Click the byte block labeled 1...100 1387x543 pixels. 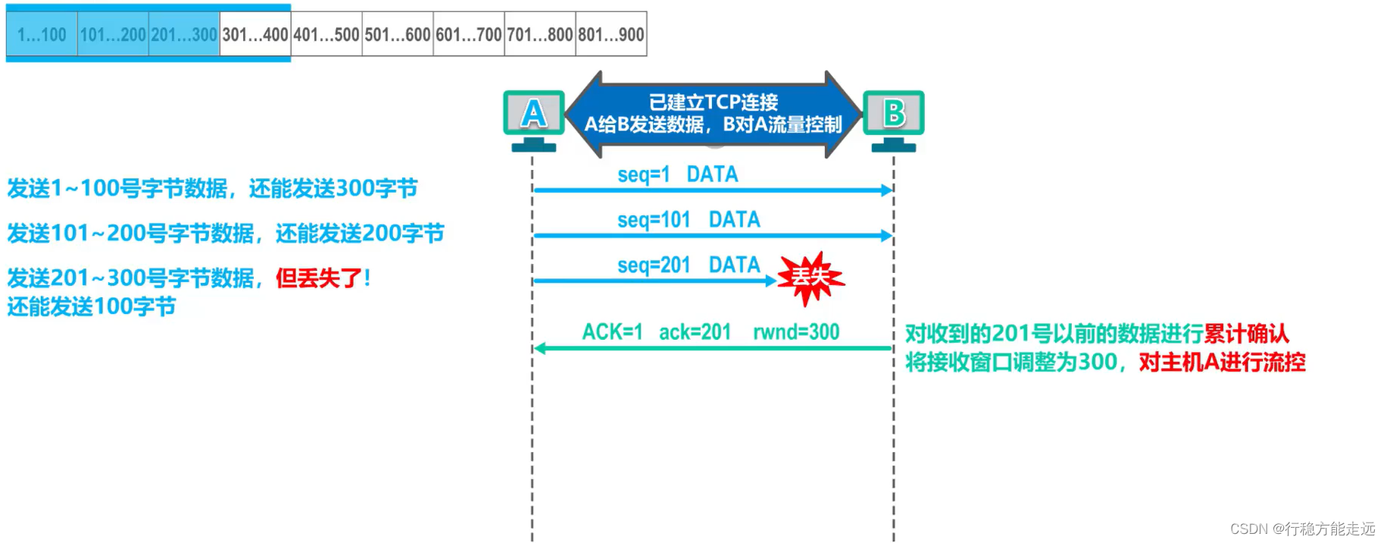click(42, 34)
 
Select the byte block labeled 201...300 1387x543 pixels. click(184, 34)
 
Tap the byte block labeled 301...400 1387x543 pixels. click(255, 34)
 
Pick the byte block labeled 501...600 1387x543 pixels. click(398, 34)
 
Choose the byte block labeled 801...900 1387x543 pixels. click(611, 34)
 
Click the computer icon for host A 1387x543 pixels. click(534, 119)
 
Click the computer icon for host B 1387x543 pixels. click(894, 119)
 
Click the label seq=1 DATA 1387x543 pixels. click(677, 174)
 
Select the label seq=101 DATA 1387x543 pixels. click(688, 220)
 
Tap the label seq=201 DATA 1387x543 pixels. click(688, 265)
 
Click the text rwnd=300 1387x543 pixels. click(795, 332)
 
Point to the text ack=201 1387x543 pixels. click(695, 332)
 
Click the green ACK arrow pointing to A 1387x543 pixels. click(712, 349)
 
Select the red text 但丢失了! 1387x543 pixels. click(323, 278)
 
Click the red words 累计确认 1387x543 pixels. click(1246, 334)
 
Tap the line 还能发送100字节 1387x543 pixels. click(92, 307)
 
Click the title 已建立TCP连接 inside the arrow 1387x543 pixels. click(713, 102)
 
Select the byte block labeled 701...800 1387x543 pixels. click(540, 34)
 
